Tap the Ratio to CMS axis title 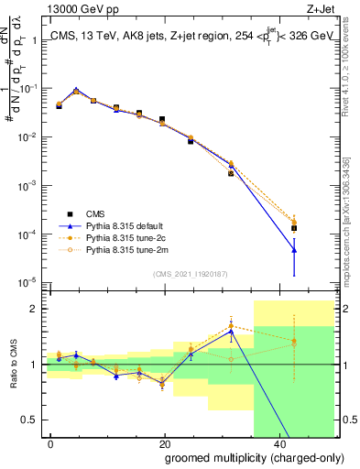pyautogui.click(x=13, y=365)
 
